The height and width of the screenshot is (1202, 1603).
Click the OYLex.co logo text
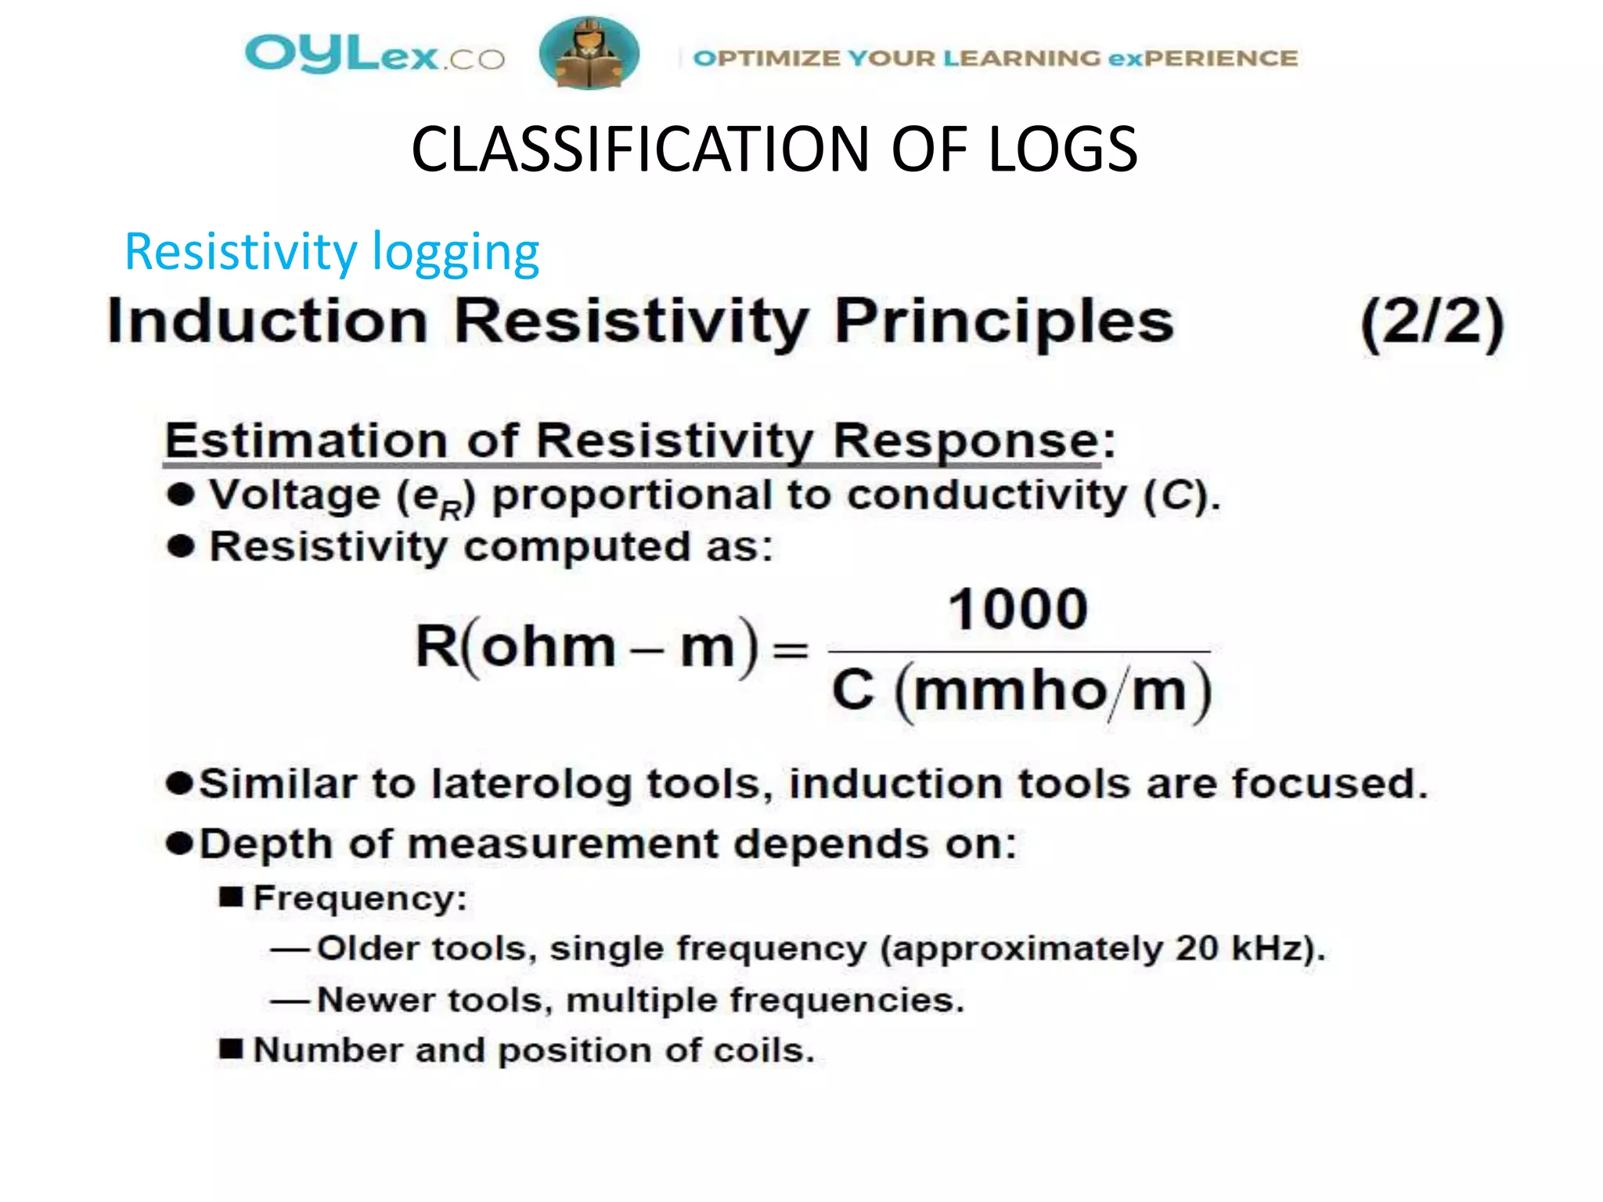pos(374,55)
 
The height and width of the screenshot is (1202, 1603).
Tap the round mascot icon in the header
pos(589,53)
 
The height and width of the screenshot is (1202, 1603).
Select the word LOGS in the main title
pos(1062,149)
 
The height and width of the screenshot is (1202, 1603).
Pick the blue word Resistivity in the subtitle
pos(240,252)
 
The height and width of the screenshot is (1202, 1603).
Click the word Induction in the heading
pos(267,322)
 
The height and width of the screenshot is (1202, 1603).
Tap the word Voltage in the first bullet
pos(294,496)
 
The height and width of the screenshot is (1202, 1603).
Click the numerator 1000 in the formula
pos(1018,610)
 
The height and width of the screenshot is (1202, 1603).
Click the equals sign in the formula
pos(790,650)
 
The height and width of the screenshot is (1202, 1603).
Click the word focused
pos(1328,784)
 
